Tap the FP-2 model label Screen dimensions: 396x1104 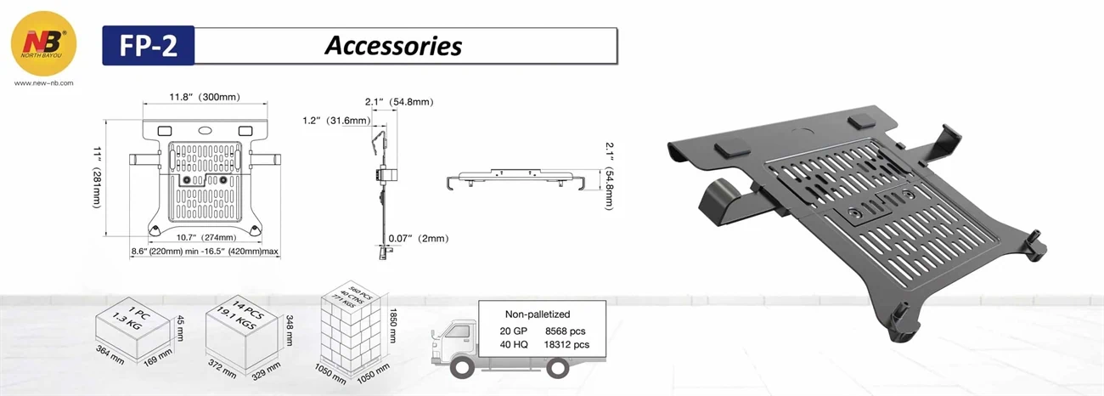pos(149,46)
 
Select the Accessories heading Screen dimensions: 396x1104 pos(392,45)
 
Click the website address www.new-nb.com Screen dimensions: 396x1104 pos(44,83)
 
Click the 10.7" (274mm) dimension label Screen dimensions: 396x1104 pos(206,237)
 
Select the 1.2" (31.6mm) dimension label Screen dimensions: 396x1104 pos(335,121)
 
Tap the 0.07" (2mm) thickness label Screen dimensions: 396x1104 pos(418,239)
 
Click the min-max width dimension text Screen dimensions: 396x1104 pos(205,252)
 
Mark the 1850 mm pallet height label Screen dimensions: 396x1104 pos(391,324)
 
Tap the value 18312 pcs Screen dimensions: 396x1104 pos(566,345)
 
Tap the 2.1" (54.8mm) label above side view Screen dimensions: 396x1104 pos(399,102)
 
